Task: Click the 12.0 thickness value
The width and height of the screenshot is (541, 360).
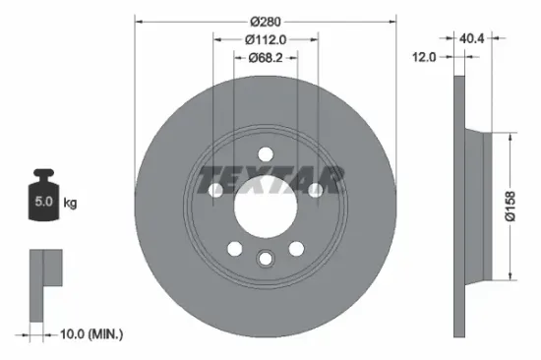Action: point(423,58)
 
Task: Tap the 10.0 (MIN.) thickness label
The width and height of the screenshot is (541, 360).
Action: point(90,335)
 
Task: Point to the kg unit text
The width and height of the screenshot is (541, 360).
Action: point(70,204)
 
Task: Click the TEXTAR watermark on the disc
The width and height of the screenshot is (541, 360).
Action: point(271,181)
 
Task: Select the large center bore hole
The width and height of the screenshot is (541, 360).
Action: point(266,205)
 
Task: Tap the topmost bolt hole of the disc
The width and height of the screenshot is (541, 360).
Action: point(266,154)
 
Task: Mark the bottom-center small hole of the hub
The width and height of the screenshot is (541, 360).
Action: point(266,258)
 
